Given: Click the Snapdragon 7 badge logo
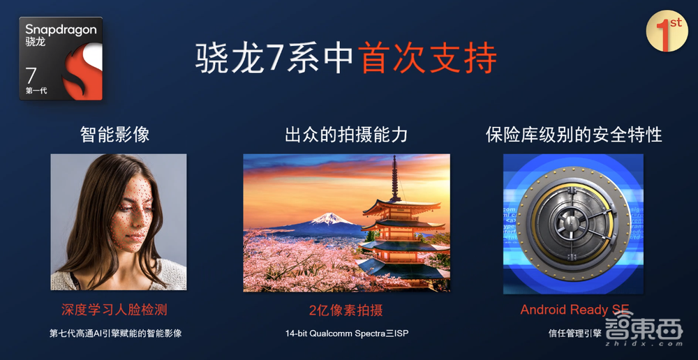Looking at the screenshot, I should [x=61, y=59].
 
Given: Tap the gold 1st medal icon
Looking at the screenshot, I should [x=667, y=31].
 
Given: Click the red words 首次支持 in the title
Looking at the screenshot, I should [x=429, y=59].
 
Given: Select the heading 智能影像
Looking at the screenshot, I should [x=115, y=134].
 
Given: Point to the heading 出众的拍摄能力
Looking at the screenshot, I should [x=346, y=134].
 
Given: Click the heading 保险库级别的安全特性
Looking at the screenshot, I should [x=574, y=134].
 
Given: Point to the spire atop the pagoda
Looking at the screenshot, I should [x=395, y=174].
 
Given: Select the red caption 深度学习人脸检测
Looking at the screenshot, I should [x=115, y=309].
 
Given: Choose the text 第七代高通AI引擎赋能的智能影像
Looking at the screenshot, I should [x=115, y=333].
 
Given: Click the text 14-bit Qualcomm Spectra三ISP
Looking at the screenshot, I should [x=346, y=333].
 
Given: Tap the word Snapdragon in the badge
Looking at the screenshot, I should [x=61, y=29].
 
